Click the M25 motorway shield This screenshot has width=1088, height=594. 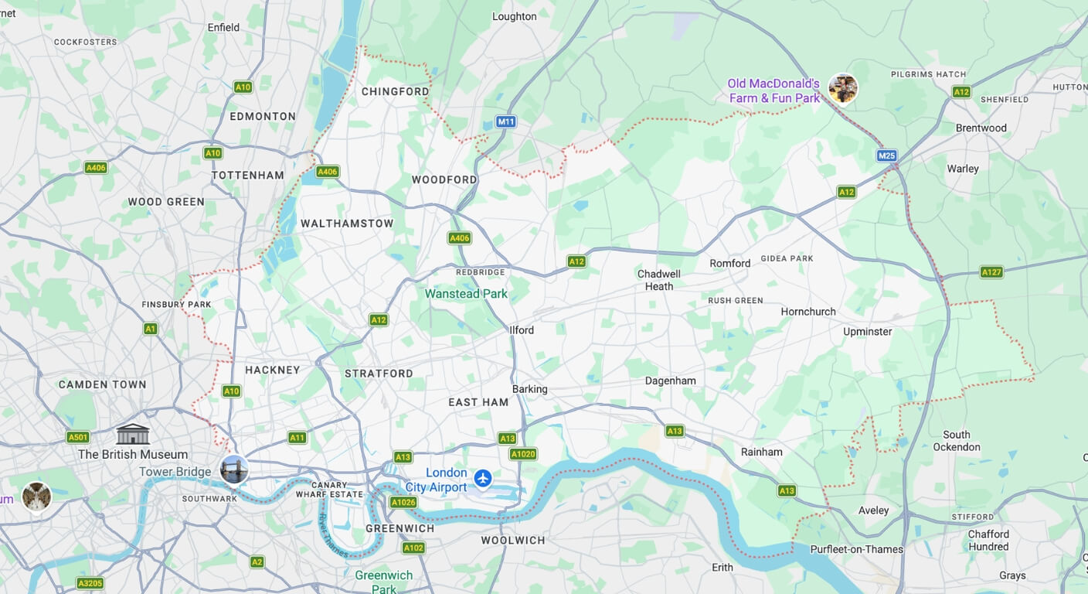click(x=886, y=155)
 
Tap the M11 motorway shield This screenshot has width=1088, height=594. click(x=506, y=121)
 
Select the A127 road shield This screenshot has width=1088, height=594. click(x=991, y=271)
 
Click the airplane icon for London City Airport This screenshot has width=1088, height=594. click(x=483, y=479)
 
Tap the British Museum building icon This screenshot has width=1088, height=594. click(x=132, y=435)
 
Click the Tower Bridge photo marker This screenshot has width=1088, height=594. click(x=233, y=469)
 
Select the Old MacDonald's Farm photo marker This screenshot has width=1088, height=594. click(x=842, y=88)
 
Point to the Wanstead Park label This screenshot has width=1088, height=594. click(x=466, y=294)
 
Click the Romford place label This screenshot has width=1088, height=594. click(x=729, y=263)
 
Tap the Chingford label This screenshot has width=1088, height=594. click(x=395, y=91)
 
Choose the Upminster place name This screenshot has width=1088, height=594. click(x=867, y=331)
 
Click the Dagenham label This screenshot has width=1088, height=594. click(x=670, y=381)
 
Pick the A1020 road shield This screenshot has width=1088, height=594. click(x=523, y=454)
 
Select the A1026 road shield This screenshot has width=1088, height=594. click(x=403, y=502)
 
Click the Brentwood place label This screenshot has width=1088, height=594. click(x=981, y=128)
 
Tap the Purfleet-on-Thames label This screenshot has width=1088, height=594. click(x=856, y=549)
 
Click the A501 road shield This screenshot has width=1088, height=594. click(x=77, y=437)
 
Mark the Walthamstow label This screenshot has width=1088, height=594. click(x=347, y=224)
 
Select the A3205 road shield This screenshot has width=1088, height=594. click(x=90, y=583)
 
